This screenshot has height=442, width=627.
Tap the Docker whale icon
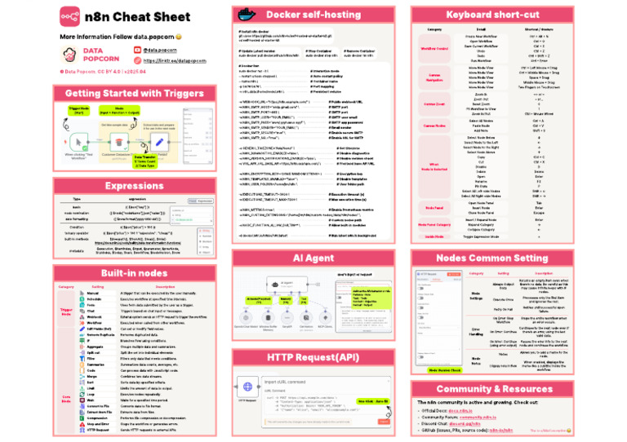tap(244, 15)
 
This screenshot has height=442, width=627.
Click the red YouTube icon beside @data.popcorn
tap(136, 51)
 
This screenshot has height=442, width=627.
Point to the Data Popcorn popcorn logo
tap(71, 55)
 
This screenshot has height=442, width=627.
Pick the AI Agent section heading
tap(312, 258)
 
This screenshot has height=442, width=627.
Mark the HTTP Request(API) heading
tap(312, 357)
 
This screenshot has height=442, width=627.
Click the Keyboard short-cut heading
tap(491, 15)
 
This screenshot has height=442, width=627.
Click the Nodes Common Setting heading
tap(491, 258)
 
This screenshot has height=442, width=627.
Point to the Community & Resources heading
tap(491, 390)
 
